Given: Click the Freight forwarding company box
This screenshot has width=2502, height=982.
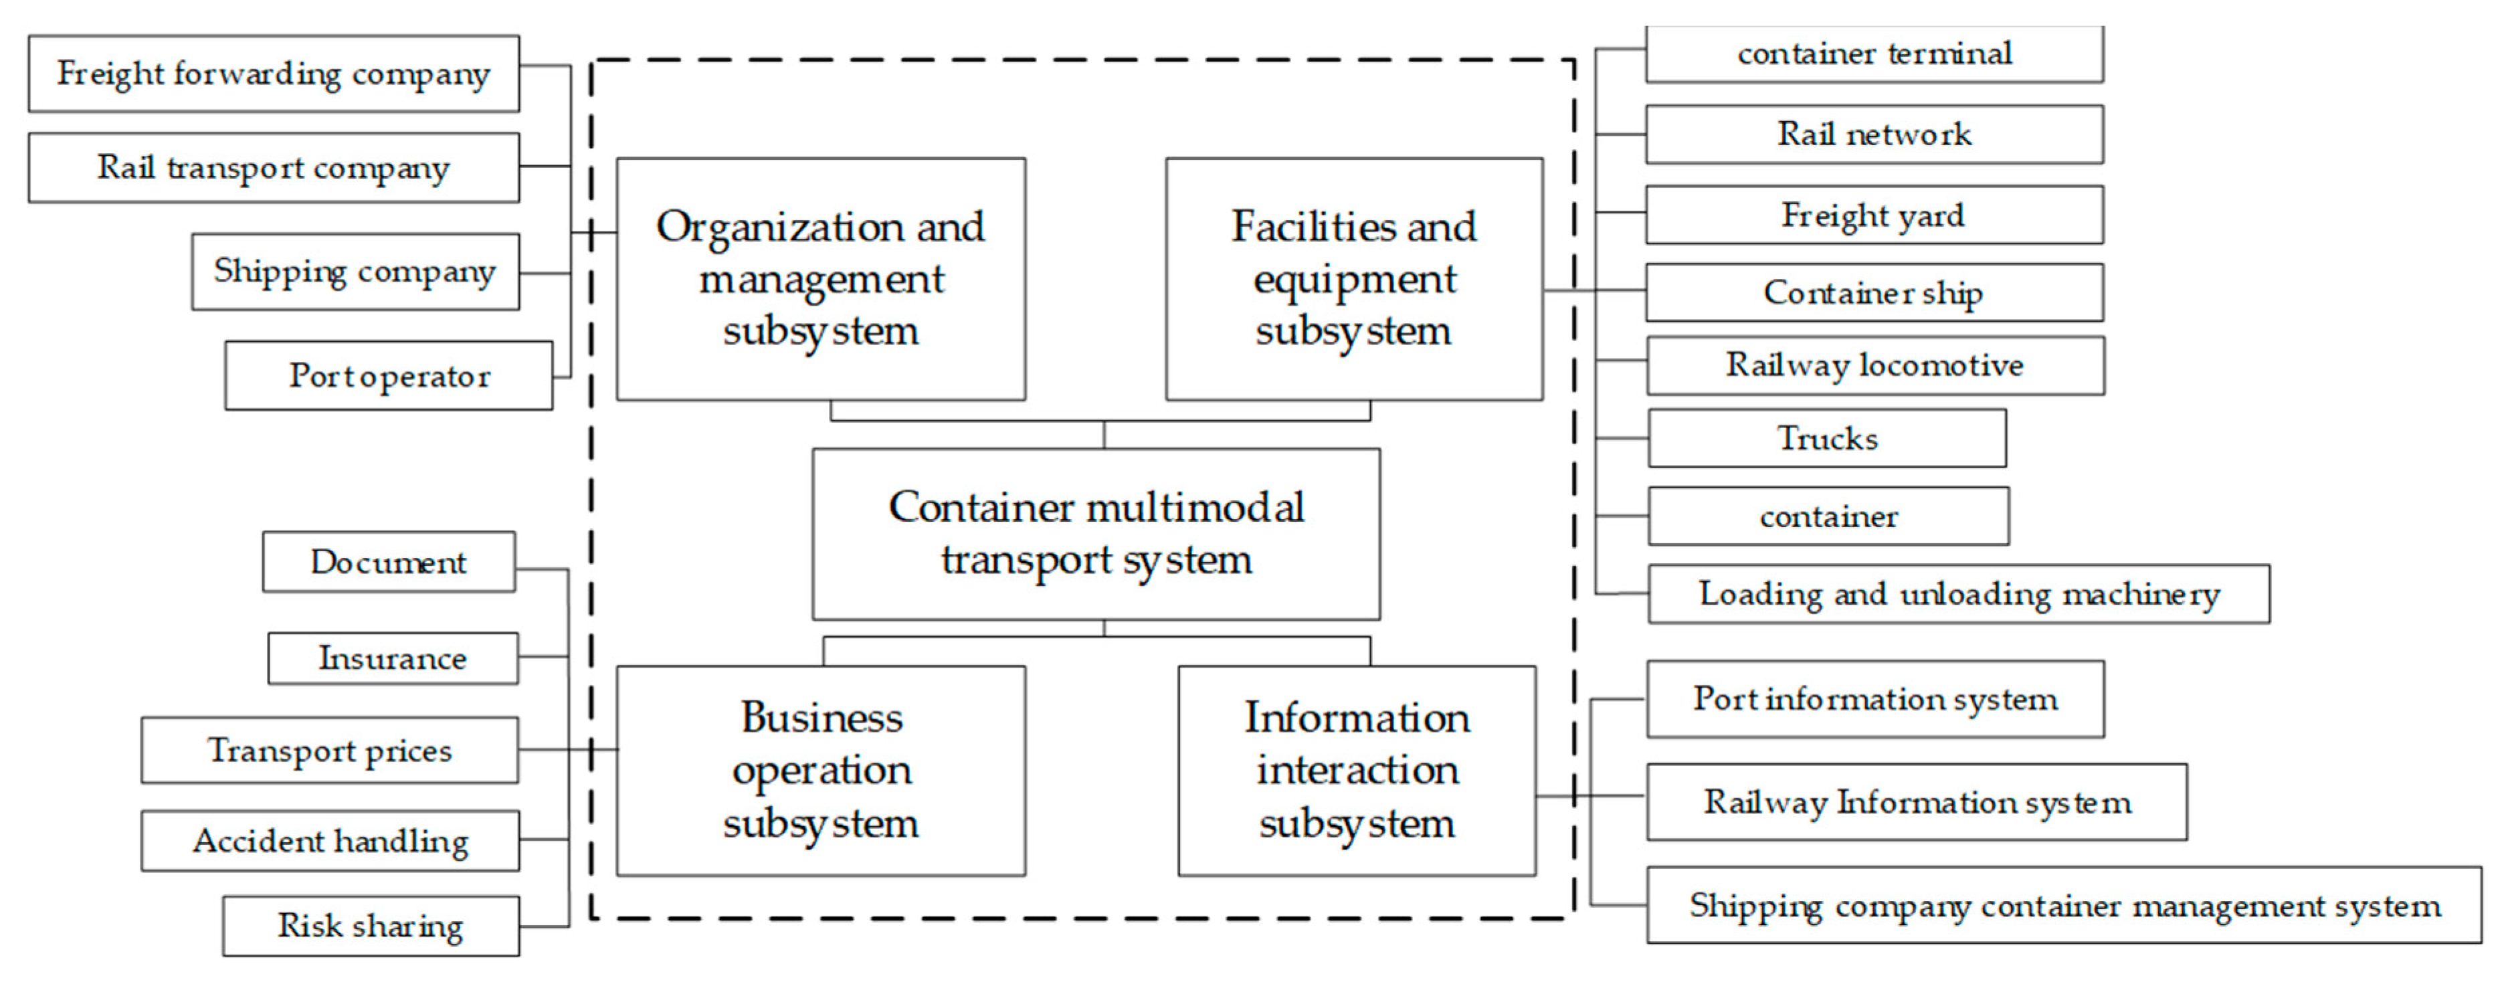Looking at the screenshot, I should (x=273, y=74).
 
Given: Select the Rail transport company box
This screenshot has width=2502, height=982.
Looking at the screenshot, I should (x=273, y=168).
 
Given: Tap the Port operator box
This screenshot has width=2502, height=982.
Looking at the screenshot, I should (x=389, y=375).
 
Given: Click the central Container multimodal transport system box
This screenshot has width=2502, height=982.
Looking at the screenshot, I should (x=1096, y=533).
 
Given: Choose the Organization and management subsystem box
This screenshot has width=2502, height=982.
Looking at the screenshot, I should (x=821, y=279).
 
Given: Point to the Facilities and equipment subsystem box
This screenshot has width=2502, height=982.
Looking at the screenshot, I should (x=1354, y=279).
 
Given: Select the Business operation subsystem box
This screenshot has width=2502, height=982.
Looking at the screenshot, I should (x=821, y=770).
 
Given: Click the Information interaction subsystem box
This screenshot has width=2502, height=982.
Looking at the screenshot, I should (x=1357, y=770).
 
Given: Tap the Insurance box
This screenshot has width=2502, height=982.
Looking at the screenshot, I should (x=393, y=658).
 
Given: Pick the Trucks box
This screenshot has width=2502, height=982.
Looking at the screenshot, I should (x=1827, y=438).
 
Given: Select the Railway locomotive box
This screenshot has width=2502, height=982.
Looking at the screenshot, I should (x=1874, y=365).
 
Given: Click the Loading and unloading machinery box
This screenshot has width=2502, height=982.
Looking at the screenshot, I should (x=1958, y=593).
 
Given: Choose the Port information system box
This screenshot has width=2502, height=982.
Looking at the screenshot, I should (x=1874, y=699).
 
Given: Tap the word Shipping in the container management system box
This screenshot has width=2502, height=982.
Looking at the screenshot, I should (x=1755, y=905).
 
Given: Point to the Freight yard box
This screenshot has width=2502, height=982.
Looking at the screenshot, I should (x=1874, y=215).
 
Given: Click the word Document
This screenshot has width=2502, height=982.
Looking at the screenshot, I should (x=389, y=561).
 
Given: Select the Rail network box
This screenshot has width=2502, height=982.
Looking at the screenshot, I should (x=1874, y=134).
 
